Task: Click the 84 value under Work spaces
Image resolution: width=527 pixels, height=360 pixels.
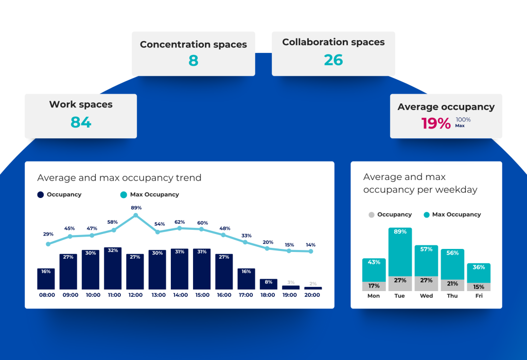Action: click(81, 122)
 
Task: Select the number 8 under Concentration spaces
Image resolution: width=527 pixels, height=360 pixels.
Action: click(193, 61)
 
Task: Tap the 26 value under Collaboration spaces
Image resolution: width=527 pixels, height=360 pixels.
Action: click(333, 60)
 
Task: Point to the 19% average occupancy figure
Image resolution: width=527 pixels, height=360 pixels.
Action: click(436, 123)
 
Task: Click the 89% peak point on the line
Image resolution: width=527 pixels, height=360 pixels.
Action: click(136, 215)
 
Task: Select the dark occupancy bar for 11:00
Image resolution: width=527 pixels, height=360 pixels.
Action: click(113, 268)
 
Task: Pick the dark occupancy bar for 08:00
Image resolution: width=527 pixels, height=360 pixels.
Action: click(46, 279)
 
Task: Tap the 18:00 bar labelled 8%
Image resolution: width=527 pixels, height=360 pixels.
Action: click(268, 284)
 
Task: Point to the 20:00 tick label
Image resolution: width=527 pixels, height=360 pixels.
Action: click(312, 295)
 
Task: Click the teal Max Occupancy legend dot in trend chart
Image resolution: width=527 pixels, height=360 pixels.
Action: click(123, 195)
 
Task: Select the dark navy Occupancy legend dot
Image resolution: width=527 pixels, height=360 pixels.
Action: click(40, 195)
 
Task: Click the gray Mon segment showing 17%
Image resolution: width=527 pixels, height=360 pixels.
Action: click(374, 286)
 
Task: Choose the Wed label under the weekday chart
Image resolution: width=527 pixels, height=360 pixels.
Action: click(426, 296)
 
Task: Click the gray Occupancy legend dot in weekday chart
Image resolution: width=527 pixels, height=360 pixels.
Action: click(371, 214)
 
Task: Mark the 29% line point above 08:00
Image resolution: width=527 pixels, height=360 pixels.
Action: click(48, 244)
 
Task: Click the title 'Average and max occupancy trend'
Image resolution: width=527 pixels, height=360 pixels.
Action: click(119, 178)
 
